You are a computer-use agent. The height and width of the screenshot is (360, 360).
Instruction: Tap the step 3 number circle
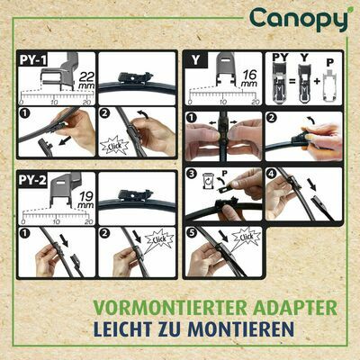pyautogui.click(x=191, y=172)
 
